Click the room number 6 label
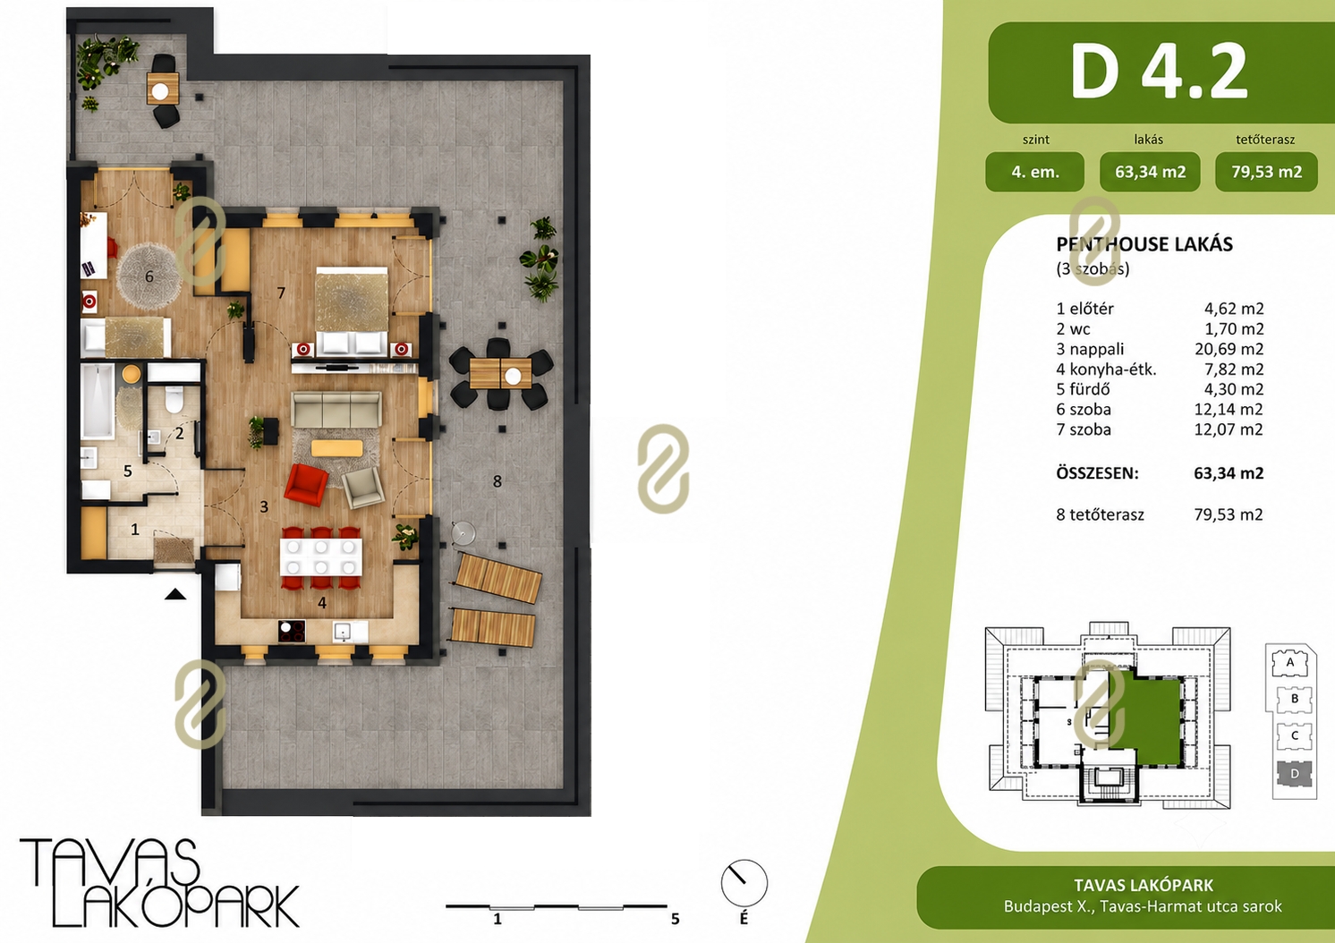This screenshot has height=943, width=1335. pos(149,276)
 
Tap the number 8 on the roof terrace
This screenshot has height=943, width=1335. pos(497,481)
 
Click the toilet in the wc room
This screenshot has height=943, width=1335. pos(174,399)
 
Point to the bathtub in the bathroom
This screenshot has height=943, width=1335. pos(98,401)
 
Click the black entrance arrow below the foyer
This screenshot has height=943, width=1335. pos(175,594)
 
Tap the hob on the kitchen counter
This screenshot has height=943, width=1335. pos(292,632)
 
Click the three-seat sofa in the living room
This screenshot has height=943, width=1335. pos(336,409)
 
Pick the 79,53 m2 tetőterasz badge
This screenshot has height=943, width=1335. pos(1266,172)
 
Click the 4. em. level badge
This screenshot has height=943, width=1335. pos(1034,172)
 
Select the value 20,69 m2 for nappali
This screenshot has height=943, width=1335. pos(1229,349)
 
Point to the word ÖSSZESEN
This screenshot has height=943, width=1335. pos(1097,473)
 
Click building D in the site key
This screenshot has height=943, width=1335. pos(1294,774)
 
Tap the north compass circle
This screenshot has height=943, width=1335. pos(744,883)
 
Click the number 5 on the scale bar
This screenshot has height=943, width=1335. pos(675,919)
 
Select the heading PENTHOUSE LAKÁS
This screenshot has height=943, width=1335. pos(1144,244)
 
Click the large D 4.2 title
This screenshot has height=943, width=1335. pos(1159,72)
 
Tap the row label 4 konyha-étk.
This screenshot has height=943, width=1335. pos(1106,370)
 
